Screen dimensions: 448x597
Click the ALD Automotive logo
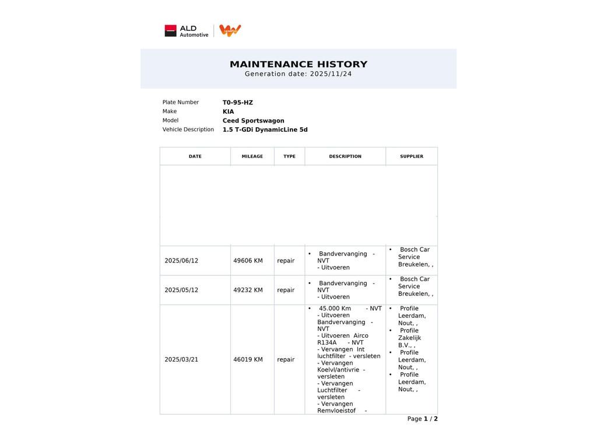tap(187, 31)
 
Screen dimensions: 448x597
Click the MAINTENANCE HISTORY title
tap(298, 64)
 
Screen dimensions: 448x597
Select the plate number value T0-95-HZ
tap(238, 103)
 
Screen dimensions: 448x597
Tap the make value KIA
tap(228, 111)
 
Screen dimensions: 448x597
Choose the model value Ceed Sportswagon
tap(253, 121)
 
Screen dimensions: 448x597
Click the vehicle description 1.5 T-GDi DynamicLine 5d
tap(265, 130)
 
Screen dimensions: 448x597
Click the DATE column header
tap(195, 156)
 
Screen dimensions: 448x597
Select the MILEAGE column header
tap(252, 156)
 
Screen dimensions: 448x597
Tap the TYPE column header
tap(289, 156)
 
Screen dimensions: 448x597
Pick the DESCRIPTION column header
tap(345, 156)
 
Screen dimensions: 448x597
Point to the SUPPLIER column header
tap(412, 156)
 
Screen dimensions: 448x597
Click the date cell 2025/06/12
tap(181, 261)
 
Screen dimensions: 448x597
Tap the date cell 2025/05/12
tap(181, 290)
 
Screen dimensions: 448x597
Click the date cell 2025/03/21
tap(181, 360)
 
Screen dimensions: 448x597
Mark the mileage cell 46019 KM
tap(248, 360)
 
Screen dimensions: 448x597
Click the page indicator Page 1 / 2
tap(422, 419)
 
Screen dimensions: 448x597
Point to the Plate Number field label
tap(181, 103)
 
